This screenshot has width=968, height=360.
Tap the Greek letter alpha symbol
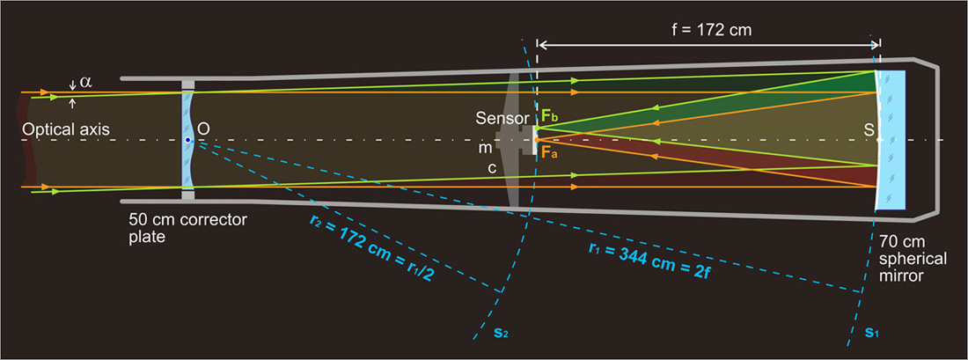[x=85, y=82]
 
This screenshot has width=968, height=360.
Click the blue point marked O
[x=187, y=140]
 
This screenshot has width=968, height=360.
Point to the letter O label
[x=203, y=129]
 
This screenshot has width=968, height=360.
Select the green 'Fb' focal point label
[x=548, y=115]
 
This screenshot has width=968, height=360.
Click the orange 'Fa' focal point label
[x=548, y=153]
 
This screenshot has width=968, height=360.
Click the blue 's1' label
[x=871, y=334]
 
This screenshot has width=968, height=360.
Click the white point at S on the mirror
[x=880, y=140]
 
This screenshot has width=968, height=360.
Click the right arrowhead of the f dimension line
[x=876, y=42]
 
